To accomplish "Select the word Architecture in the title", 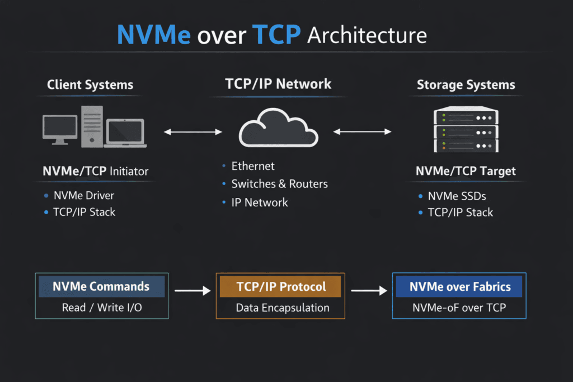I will click(x=367, y=35).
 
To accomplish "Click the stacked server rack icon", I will click(x=466, y=130).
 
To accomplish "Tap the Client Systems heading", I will click(x=90, y=85).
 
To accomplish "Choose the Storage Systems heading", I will click(x=466, y=85).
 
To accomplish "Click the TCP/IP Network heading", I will click(x=278, y=84).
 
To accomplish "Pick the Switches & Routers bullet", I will click(x=279, y=184).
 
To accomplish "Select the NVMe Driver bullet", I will click(x=84, y=196).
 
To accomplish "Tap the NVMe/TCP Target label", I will click(x=466, y=171).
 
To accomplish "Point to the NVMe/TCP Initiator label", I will click(x=96, y=171).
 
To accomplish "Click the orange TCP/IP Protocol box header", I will click(x=280, y=287).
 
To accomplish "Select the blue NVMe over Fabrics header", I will click(x=459, y=287).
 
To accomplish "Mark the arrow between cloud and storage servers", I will click(x=362, y=132).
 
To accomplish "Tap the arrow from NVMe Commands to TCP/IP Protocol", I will click(x=192, y=291).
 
